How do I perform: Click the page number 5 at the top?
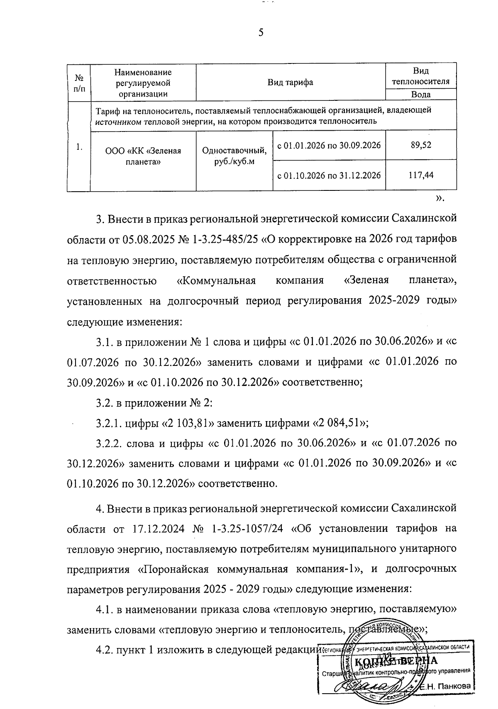coord(261,33)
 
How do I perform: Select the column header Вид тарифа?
coord(290,82)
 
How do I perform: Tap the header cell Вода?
coord(421,95)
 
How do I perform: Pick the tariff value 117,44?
coord(421,175)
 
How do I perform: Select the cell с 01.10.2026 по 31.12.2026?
coord(329,175)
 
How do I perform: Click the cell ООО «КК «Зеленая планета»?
coord(143,156)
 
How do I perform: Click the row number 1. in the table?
coord(79,146)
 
